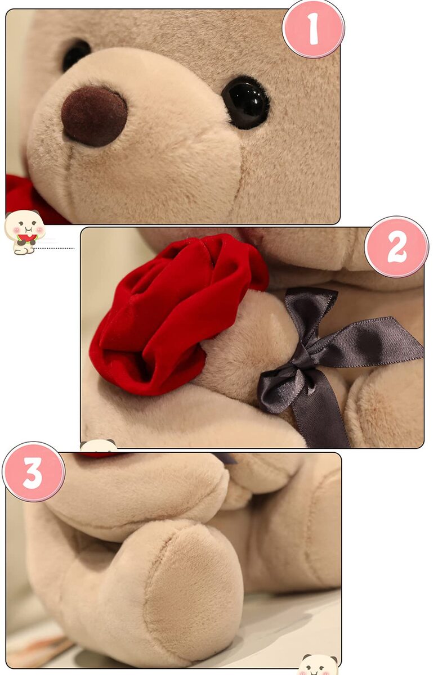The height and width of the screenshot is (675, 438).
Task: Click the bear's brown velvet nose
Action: (94, 116)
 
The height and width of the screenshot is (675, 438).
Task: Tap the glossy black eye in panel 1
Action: (245, 103)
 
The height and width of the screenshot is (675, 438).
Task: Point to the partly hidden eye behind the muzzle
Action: (75, 55)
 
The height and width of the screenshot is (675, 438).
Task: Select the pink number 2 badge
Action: (396, 247)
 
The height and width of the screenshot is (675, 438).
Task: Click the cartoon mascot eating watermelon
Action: (24, 232)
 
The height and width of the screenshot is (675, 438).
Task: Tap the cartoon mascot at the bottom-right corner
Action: (319, 664)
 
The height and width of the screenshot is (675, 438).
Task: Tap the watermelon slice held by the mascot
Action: (27, 238)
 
